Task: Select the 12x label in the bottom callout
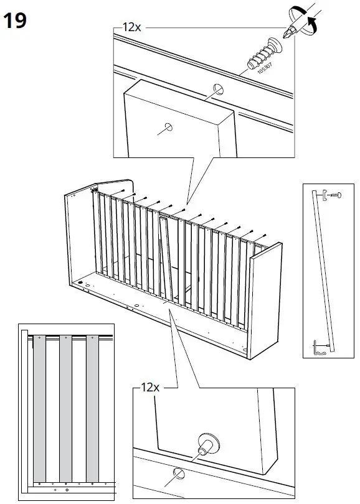(150, 387)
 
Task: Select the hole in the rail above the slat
(218, 88)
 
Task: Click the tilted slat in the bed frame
(166, 255)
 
